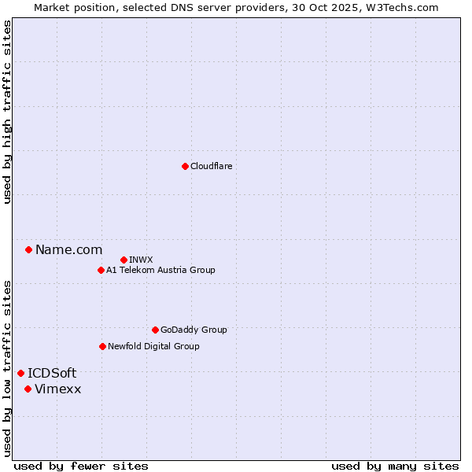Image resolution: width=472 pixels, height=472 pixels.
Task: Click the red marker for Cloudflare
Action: tap(185, 166)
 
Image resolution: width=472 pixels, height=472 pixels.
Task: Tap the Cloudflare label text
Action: tap(211, 167)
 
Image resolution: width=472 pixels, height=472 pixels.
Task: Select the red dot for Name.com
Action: tap(28, 250)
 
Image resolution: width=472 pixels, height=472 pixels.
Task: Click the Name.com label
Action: tap(68, 250)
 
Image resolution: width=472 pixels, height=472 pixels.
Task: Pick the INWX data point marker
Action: tap(124, 260)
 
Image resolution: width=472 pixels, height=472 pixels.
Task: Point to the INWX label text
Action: tap(141, 260)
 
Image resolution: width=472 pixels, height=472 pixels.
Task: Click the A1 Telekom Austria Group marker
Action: tap(101, 271)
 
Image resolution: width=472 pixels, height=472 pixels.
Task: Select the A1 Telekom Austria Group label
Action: tap(160, 271)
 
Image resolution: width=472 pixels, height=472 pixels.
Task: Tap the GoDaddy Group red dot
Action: tap(155, 330)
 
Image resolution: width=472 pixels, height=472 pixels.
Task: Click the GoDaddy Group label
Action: tap(194, 330)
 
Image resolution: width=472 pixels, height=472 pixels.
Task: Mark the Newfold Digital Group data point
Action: tap(102, 346)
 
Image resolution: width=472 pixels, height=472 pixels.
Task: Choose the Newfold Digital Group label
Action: tap(153, 347)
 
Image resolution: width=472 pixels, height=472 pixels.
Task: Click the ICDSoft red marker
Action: tap(20, 373)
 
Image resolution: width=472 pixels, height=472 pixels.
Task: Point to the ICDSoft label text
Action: tap(52, 374)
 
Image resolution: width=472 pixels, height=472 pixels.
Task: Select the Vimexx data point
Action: tap(28, 389)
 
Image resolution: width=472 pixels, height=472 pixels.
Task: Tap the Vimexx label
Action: tap(57, 389)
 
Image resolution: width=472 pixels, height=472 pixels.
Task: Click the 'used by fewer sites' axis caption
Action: tap(81, 466)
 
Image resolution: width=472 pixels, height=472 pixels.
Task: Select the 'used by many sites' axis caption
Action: tap(395, 466)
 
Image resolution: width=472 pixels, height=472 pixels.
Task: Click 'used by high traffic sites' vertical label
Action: tap(7, 112)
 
